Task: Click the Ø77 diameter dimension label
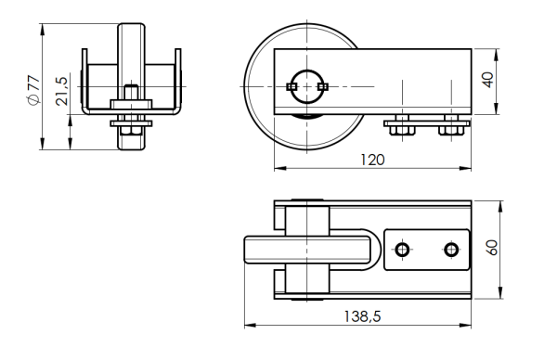(32, 90)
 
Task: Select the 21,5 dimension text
(61, 92)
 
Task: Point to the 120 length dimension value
(371, 159)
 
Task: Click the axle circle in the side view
(306, 86)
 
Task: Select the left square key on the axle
(291, 86)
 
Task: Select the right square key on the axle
(322, 86)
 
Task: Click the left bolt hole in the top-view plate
(402, 250)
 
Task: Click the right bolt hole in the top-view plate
(451, 250)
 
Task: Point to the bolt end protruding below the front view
(131, 141)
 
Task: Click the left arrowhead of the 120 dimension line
(277, 170)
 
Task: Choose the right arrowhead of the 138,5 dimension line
(468, 326)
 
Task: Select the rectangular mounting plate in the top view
(426, 250)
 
